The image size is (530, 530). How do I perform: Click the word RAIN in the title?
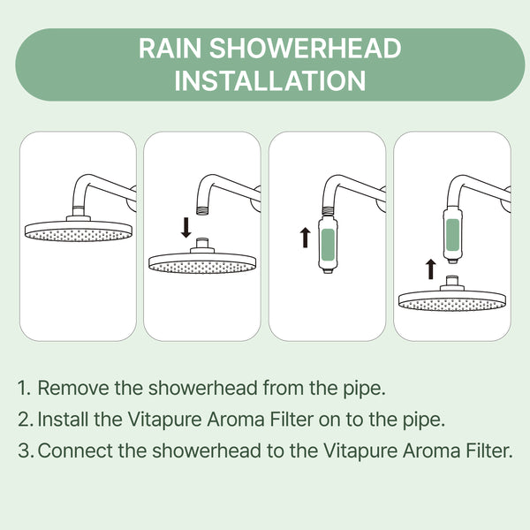click(170, 48)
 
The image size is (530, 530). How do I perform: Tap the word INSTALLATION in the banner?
click(270, 80)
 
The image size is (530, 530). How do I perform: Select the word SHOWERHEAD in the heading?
click(306, 48)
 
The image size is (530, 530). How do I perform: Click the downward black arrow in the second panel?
click(185, 228)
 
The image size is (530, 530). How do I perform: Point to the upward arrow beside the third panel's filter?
click(306, 238)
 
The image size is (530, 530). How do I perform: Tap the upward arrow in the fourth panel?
click(430, 269)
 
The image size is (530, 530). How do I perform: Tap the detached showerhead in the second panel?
click(202, 256)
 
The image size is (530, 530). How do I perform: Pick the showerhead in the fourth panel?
click(452, 294)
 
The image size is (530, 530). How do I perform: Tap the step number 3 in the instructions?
click(26, 450)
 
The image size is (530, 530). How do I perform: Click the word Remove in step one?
click(73, 388)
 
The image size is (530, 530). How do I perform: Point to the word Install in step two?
click(64, 419)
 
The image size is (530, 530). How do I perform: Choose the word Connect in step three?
click(75, 450)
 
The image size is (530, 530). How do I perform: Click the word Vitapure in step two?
click(164, 420)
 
